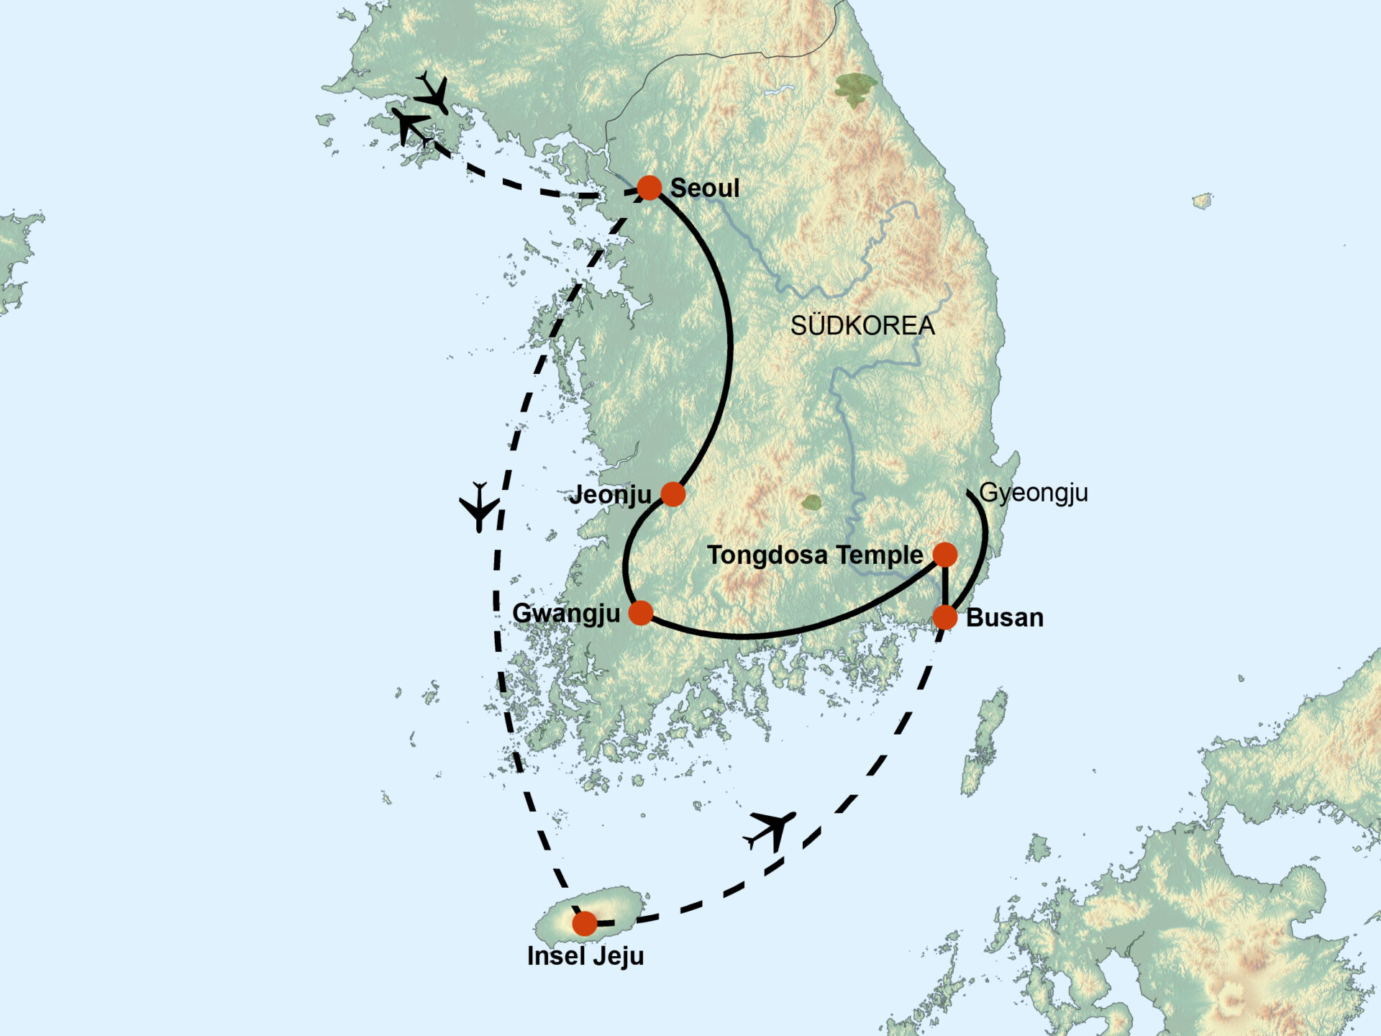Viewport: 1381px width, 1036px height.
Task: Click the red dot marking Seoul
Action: click(x=649, y=188)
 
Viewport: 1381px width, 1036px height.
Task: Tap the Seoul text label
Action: click(x=704, y=188)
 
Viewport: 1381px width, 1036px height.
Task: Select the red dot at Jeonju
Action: click(x=673, y=494)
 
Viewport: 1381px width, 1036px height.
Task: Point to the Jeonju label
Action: click(x=610, y=495)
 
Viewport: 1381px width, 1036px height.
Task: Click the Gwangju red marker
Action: click(x=640, y=613)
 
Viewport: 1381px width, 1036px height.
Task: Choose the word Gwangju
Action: click(x=566, y=614)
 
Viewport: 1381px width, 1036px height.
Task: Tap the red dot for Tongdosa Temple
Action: click(x=945, y=554)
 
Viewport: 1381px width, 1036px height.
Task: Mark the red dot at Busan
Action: click(x=945, y=617)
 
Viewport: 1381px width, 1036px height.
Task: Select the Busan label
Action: click(x=1004, y=618)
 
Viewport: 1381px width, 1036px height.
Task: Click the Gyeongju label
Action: click(x=1034, y=493)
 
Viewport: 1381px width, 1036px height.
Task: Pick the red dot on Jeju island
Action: click(x=584, y=923)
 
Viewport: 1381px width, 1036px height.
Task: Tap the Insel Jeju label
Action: click(x=585, y=956)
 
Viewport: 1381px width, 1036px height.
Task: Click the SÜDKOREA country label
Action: click(x=862, y=326)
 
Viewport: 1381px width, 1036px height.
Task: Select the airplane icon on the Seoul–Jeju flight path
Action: click(x=479, y=506)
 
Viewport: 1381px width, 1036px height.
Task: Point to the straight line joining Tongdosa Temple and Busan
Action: click(x=945, y=586)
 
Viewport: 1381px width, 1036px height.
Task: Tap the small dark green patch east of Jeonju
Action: click(x=812, y=502)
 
